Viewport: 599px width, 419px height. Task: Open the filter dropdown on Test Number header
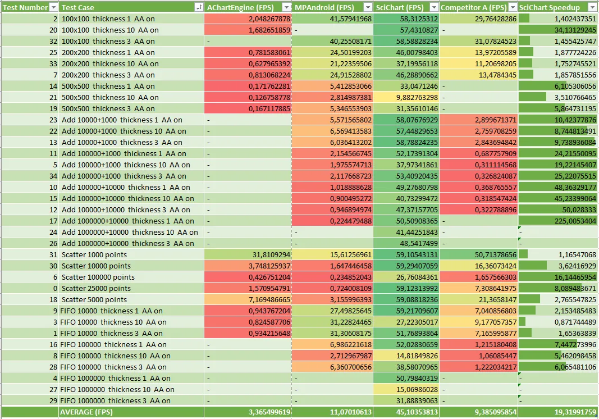click(x=53, y=7)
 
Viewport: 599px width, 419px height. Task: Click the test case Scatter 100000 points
click(x=98, y=277)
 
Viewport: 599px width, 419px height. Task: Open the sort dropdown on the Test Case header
click(x=198, y=7)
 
